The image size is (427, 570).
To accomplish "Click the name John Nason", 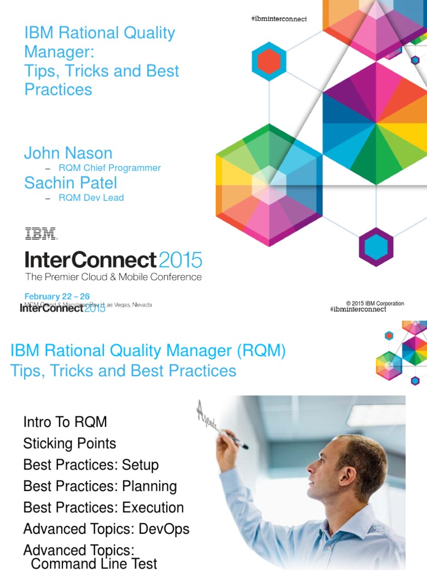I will [x=68, y=153].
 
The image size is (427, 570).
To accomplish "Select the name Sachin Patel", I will [x=70, y=183].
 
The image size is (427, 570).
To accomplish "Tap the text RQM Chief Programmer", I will [x=110, y=168].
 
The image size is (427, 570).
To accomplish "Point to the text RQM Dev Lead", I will [x=91, y=198].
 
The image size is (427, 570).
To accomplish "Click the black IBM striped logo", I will [x=41, y=233].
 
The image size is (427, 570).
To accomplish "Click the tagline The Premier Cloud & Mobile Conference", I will [x=113, y=277].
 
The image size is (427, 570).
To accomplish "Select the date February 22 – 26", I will [x=57, y=296].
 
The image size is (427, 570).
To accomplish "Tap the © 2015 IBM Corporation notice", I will [x=375, y=303].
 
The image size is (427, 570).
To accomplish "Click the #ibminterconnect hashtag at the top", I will [x=279, y=19].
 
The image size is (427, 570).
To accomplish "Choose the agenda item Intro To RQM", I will [x=65, y=422].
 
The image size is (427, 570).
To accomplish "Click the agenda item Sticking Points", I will [x=69, y=444].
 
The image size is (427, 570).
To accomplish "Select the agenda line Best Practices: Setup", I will [x=91, y=465].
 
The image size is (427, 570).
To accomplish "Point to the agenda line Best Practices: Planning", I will [x=100, y=486].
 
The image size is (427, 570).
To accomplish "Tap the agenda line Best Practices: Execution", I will [x=103, y=508].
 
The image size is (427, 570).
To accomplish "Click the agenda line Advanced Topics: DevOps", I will [x=106, y=529].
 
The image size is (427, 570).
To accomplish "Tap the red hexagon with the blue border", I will [x=269, y=61].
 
